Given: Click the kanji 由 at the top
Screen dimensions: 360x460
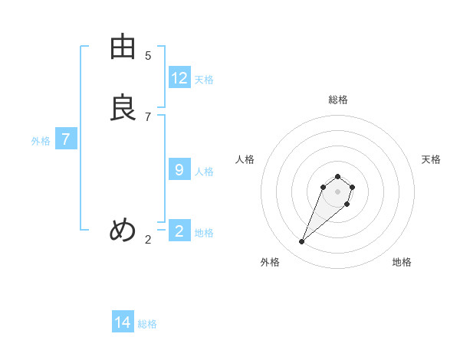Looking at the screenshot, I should (x=123, y=47).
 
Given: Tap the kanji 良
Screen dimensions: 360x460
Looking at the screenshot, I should (x=123, y=108).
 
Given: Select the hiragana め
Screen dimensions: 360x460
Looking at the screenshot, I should (x=123, y=230).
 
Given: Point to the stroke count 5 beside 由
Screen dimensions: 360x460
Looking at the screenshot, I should (x=148, y=56).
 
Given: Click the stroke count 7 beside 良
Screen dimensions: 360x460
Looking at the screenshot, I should (x=148, y=116).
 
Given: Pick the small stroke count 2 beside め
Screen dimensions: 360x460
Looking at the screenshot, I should (x=148, y=240).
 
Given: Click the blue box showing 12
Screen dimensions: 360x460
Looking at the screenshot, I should (x=179, y=77).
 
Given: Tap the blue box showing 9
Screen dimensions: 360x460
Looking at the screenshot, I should (x=179, y=169).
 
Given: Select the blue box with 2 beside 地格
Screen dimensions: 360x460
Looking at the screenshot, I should (x=179, y=231).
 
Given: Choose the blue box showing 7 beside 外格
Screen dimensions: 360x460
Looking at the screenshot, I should (x=67, y=139).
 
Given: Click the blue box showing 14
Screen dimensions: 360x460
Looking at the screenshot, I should (x=123, y=322).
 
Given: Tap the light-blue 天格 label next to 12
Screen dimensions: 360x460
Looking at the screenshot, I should (x=204, y=80).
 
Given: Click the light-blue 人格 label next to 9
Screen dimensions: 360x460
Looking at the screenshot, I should (x=204, y=172).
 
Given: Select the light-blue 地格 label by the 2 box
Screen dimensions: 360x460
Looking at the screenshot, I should (x=204, y=233).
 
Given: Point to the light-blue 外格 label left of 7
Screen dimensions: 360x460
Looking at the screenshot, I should (x=41, y=141).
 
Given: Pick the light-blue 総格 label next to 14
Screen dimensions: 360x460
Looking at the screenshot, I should (x=147, y=325).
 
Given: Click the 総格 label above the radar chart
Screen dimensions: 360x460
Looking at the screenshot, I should (x=338, y=100).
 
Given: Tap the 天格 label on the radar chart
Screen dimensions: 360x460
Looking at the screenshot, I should (x=431, y=159).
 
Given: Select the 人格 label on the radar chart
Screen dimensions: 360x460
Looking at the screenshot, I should (x=245, y=159).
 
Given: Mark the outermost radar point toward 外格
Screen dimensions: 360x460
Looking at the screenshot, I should (x=302, y=242).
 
